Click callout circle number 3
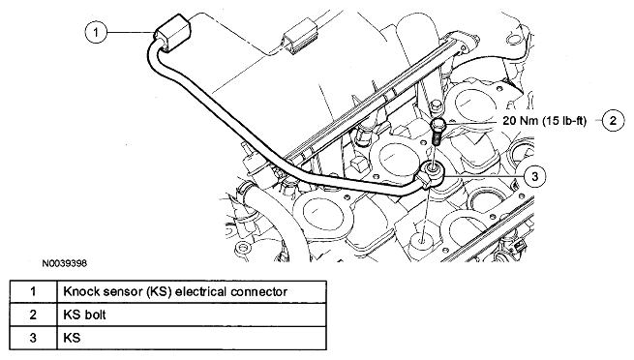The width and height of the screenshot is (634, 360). click(536, 177)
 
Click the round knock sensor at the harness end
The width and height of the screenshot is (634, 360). click(433, 174)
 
